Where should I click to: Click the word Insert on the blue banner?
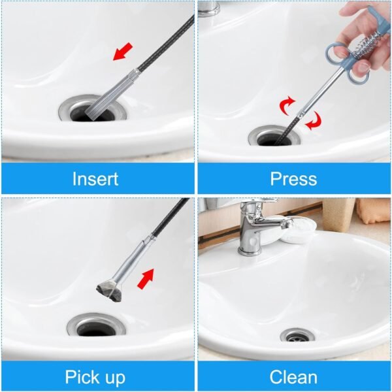pos(95,178)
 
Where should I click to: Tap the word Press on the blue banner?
pos(293,178)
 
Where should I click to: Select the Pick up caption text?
pos(95,376)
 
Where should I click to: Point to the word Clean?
pos(293,376)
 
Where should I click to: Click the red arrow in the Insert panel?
pos(123,52)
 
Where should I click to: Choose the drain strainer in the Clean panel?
pos(297,336)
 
